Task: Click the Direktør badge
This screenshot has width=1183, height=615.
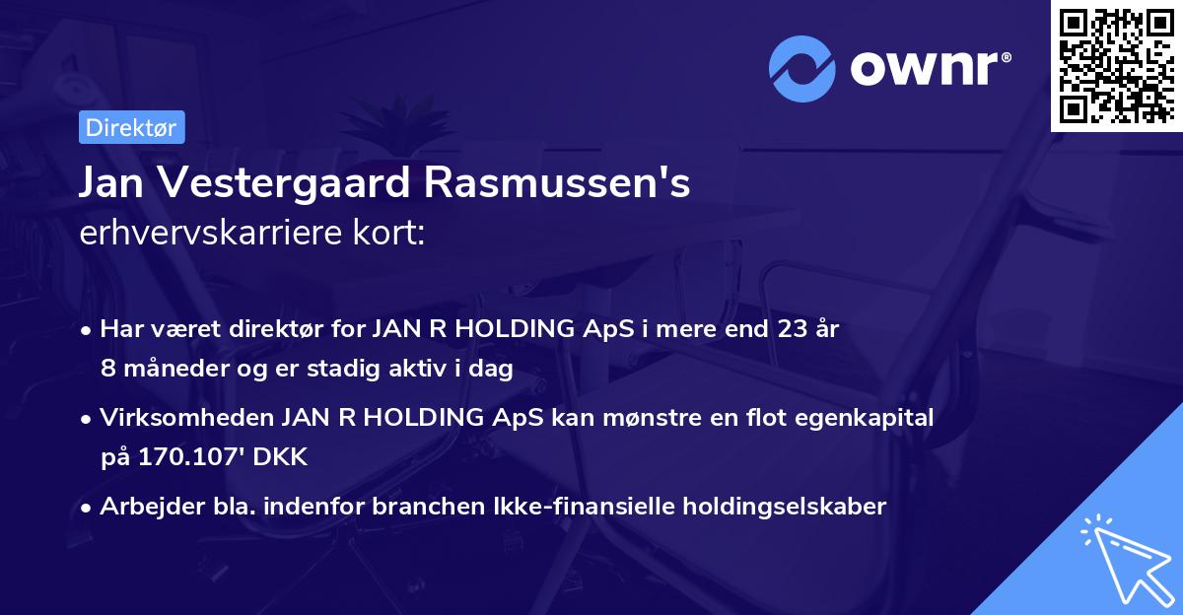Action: point(131,127)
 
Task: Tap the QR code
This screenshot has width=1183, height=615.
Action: point(1116,66)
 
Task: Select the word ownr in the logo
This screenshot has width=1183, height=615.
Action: point(930,69)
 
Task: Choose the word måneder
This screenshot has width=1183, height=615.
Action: point(169,368)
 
